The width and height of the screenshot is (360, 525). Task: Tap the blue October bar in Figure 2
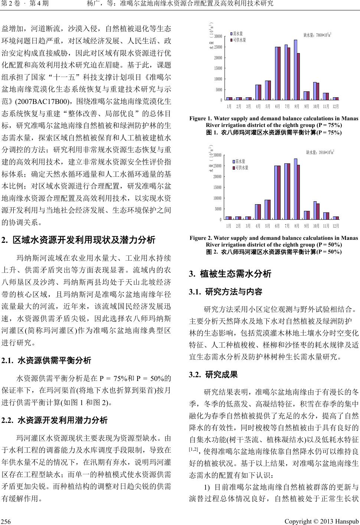click(x=315, y=210)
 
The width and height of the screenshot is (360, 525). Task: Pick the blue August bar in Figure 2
click(x=295, y=189)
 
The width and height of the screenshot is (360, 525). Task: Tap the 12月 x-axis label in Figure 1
click(x=336, y=106)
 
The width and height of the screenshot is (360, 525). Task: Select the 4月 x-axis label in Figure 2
click(x=258, y=226)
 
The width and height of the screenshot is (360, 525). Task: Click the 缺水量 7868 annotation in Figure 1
click(x=317, y=36)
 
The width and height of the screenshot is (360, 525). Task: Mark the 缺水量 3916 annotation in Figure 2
click(x=320, y=152)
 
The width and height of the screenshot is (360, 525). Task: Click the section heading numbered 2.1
click(x=46, y=360)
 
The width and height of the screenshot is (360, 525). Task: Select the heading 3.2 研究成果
click(x=213, y=374)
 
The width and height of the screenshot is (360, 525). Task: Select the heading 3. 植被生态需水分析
click(x=230, y=274)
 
